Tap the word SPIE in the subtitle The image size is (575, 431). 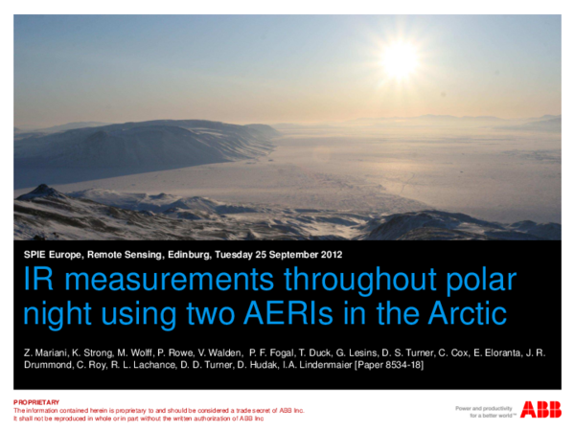tap(36, 255)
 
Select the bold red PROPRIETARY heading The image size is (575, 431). tap(36, 402)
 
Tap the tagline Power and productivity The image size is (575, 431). tap(486, 406)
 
